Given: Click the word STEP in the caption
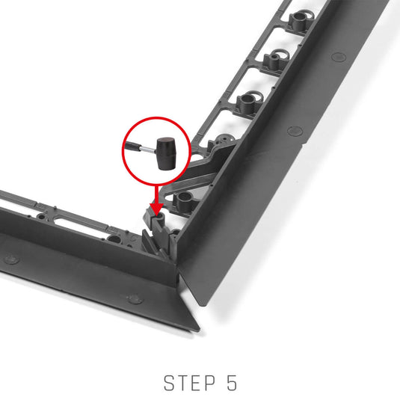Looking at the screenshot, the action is pos(189,383).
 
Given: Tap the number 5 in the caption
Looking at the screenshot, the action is pos(231,383).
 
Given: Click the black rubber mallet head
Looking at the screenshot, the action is pos(166,153).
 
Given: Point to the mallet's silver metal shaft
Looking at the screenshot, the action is pos(148,150).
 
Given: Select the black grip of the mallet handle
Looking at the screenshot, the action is pos(132,147).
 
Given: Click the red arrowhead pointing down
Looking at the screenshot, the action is pos(157,209).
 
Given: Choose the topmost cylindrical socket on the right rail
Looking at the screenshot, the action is pos(301,20).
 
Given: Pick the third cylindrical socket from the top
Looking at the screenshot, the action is pos(247,102).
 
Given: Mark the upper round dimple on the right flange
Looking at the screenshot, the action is pos(339,57).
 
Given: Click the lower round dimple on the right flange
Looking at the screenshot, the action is pos(295,131).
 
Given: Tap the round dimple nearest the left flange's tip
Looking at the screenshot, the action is pos(135,299).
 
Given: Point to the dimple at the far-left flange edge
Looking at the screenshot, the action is pos(11,259).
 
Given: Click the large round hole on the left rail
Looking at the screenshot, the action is pos(114,240).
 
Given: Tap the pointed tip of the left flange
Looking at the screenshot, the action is pos(198,330).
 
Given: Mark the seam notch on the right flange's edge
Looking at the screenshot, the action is pos(302,147).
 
